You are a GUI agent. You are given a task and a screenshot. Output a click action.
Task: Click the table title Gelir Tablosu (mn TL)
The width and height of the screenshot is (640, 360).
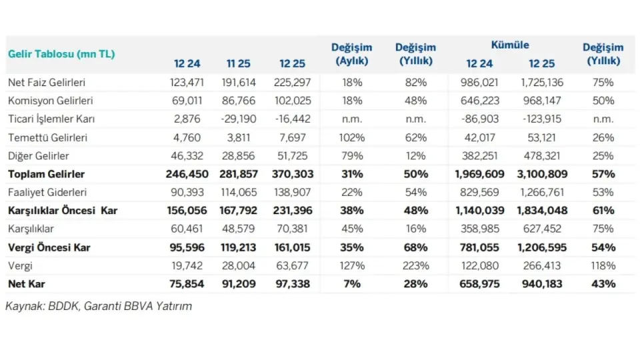61,54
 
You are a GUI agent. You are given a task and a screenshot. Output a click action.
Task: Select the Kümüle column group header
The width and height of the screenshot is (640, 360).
510,45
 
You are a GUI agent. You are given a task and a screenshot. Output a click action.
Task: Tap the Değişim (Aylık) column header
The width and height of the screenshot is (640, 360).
351,54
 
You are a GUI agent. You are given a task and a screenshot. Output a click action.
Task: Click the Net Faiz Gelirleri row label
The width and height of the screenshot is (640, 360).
47,83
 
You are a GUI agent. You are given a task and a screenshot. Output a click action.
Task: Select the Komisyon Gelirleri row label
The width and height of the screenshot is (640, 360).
50,101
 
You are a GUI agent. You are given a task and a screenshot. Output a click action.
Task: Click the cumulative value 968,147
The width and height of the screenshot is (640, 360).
541,101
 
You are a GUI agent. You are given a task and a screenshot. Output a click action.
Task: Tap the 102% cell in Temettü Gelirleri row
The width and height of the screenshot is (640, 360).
351,138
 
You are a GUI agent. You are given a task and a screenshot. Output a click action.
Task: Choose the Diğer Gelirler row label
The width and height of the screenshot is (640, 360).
39,156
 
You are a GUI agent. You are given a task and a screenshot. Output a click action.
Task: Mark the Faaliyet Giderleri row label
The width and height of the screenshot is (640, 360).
47,193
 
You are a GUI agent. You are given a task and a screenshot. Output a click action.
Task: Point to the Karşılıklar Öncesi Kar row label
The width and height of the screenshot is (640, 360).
63,211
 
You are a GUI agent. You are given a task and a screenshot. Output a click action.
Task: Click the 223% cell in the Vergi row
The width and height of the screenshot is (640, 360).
415,265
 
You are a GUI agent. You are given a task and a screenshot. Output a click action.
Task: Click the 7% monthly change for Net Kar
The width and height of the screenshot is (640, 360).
351,283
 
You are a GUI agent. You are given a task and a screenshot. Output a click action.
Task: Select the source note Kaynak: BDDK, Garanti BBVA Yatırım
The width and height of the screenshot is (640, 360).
99,306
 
